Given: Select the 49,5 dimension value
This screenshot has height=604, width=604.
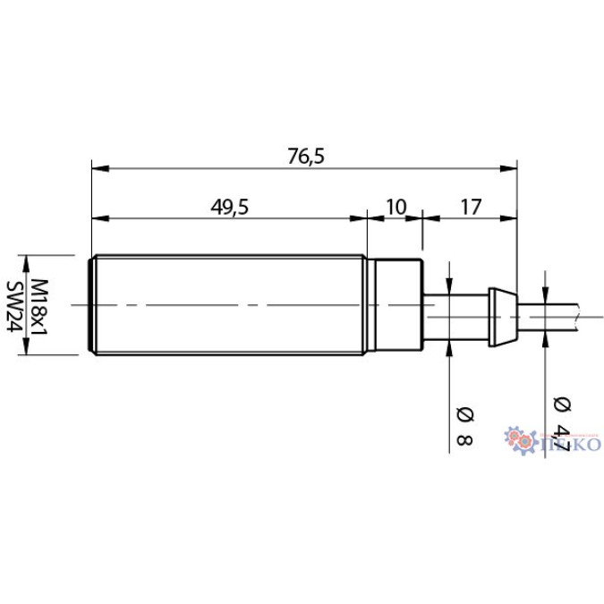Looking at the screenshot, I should [229, 206].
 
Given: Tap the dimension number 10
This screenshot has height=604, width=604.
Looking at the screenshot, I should [395, 206].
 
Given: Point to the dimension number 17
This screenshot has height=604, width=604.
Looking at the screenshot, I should [471, 206].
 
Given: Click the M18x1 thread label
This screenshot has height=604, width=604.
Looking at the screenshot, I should [40, 306].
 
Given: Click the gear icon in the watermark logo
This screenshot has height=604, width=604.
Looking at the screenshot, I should [519, 440].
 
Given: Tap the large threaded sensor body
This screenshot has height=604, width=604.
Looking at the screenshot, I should [228, 306].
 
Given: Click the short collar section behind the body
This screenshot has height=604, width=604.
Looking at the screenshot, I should [394, 306].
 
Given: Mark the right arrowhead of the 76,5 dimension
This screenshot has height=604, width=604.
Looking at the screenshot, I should [512, 167].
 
